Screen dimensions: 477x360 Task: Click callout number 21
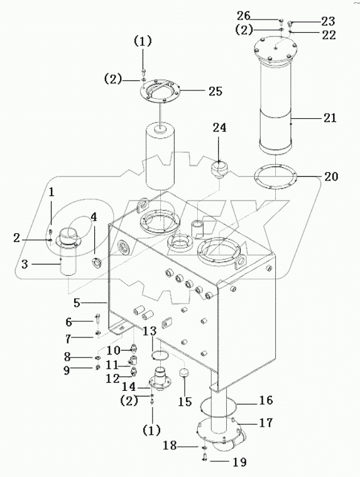coord(330,118)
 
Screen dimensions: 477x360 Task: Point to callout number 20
coord(330,177)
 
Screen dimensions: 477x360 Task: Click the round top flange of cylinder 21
coord(277,48)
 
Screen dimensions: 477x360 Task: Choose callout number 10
coord(112,349)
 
